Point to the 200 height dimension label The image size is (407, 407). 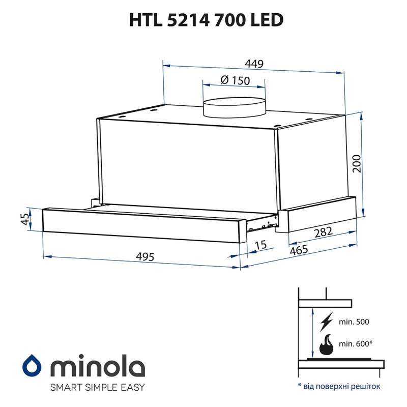coord(357,163)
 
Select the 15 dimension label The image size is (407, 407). coord(260,245)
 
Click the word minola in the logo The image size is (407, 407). coord(97,366)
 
